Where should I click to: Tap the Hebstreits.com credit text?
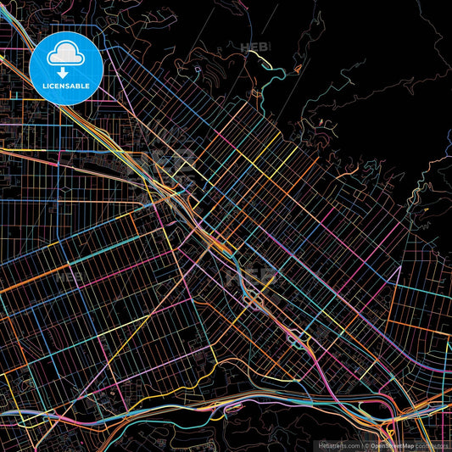pyautogui.click(x=338, y=445)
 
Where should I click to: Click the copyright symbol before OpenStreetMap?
pyautogui.click(x=366, y=445)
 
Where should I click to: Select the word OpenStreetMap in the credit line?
pyautogui.click(x=392, y=445)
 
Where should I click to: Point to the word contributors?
pyautogui.click(x=432, y=445)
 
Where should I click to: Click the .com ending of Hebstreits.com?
pyautogui.click(x=352, y=445)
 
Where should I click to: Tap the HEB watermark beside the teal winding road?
pyautogui.click(x=253, y=47)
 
